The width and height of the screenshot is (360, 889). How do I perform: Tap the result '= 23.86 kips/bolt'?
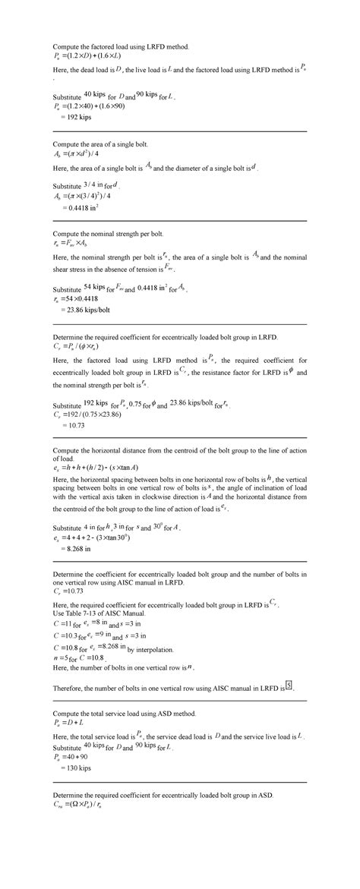[84, 310]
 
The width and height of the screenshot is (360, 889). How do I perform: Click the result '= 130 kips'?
[77, 769]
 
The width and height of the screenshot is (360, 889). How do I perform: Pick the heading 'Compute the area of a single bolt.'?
[99, 143]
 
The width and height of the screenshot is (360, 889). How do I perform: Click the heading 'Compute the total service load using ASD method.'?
[125, 714]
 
